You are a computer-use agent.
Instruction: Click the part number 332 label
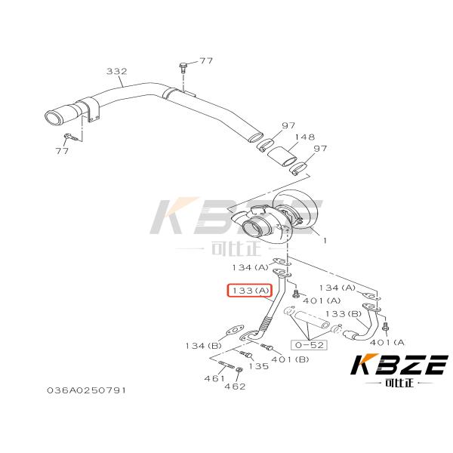tap(116, 72)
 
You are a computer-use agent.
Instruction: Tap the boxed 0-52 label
tap(310, 344)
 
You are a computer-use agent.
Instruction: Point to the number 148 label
tap(304, 137)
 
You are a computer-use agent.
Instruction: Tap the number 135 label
tap(258, 366)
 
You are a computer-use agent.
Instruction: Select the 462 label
tap(236, 386)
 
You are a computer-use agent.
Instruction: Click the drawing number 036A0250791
tap(85, 390)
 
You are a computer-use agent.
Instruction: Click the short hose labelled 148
tap(282, 156)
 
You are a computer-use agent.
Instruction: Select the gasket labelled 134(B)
tap(236, 330)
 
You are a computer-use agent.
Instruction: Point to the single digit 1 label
tap(325, 241)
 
